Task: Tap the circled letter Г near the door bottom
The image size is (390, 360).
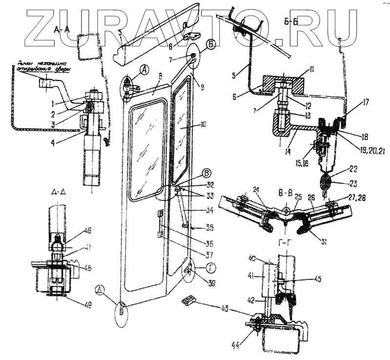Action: [x=211, y=266]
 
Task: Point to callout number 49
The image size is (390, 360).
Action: [x=88, y=305]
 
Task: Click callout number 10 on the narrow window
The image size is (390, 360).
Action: [x=201, y=125]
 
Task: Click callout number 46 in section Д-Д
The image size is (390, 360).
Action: [x=88, y=232]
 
